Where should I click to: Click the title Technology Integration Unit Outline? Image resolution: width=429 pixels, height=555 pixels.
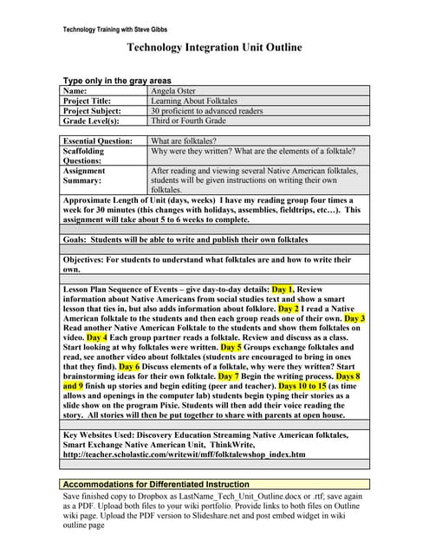[x=215, y=49]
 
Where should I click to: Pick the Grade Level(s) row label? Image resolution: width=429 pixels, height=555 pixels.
[x=91, y=121]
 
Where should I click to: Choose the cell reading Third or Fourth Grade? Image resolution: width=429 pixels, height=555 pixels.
[x=189, y=121]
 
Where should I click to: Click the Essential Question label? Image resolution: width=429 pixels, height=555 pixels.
[x=101, y=140]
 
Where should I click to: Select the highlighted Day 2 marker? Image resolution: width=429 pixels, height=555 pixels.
[x=289, y=308]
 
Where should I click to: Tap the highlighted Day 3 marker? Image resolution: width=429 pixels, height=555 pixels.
[x=355, y=318]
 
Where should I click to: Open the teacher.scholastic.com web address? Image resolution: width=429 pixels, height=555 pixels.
[x=185, y=454]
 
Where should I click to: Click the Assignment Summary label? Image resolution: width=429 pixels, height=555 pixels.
[x=85, y=176]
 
